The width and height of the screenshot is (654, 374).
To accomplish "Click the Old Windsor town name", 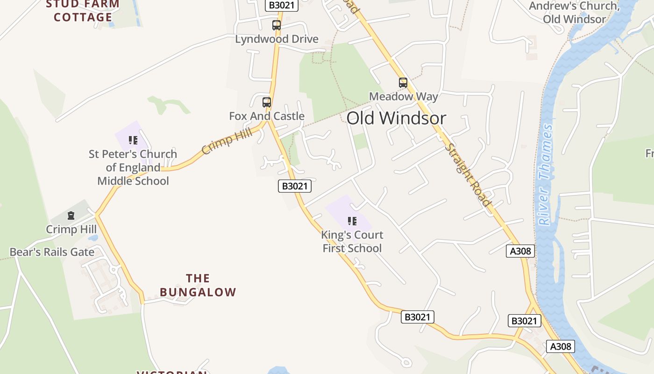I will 396,118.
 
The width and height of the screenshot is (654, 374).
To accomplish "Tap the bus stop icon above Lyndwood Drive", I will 277,25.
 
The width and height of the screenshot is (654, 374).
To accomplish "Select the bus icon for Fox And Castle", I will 266,102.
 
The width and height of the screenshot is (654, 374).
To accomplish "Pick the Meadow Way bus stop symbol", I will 403,83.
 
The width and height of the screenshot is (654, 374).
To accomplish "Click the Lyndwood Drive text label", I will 277,39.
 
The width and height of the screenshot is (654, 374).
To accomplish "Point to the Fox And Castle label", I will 266,116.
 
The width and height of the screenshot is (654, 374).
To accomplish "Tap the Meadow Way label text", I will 404,97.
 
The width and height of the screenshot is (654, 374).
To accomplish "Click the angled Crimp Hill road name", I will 227,141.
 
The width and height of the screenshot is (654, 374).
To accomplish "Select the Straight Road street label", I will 468,174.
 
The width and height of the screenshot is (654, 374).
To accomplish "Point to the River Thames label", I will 545,174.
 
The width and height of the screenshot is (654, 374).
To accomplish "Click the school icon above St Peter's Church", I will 133,140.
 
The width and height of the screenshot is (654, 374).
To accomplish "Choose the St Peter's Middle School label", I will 133,167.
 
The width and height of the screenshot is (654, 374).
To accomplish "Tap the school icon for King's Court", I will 352,221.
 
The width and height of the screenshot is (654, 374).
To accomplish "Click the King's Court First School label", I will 352,242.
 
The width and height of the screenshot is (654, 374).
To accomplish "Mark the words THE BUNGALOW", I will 198,285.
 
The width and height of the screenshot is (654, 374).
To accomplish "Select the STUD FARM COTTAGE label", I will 83,11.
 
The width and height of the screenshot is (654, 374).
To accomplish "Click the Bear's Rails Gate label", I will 52,252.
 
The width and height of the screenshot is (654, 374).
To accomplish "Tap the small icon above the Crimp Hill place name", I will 71,216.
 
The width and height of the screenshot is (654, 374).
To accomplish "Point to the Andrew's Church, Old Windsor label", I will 574,13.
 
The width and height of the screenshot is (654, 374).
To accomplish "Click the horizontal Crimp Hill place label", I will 71,230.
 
